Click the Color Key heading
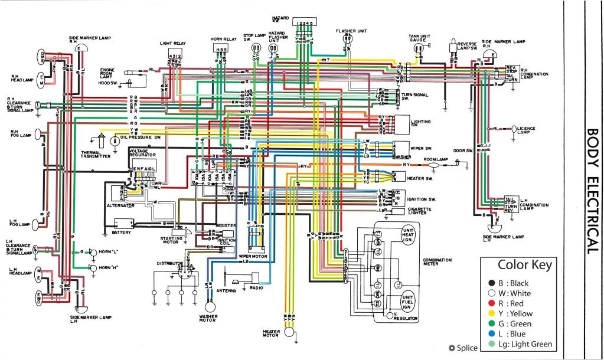point(525,265)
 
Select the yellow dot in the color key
point(492,314)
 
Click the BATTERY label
point(121,232)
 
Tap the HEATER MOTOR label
point(270,334)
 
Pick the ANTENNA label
point(226,291)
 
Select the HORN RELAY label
point(223,39)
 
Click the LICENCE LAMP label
point(527,129)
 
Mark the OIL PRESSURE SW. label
point(141,137)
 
